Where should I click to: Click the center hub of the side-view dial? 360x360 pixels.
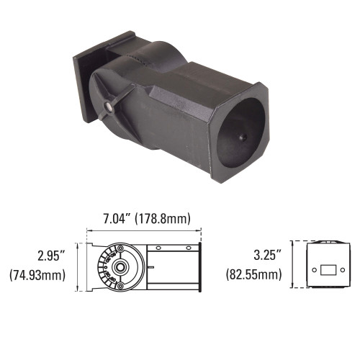[x=120, y=266]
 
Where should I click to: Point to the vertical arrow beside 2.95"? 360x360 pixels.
[x=78, y=266]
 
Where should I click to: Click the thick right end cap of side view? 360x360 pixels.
[x=199, y=266]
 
